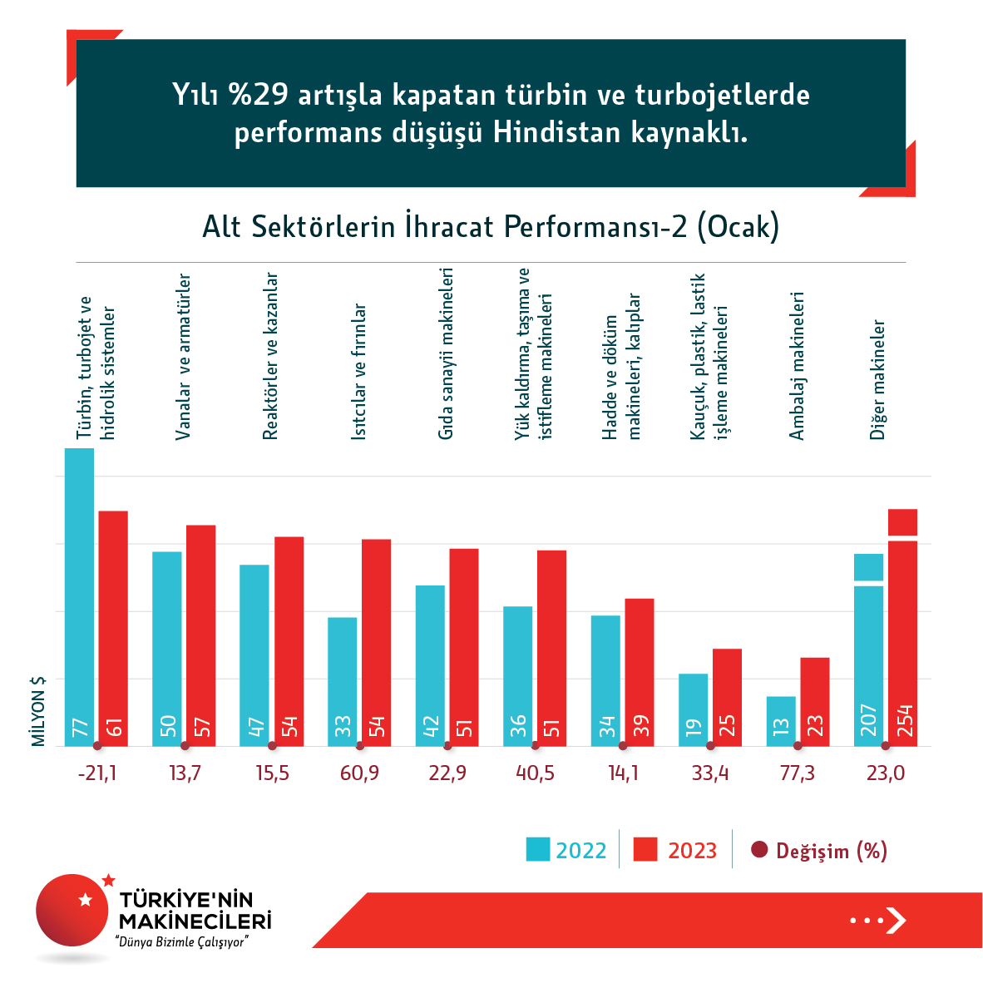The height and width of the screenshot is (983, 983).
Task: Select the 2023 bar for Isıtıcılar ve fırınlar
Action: pos(376,640)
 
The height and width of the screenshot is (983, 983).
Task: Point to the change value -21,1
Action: pos(97,773)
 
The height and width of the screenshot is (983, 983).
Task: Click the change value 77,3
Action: pos(798,773)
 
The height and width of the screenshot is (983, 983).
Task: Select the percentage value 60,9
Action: pos(359,773)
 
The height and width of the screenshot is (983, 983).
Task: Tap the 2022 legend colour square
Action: pos(538,849)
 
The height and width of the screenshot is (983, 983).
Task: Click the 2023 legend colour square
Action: pos(645,849)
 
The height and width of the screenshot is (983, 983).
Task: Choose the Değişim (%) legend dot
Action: pos(758,850)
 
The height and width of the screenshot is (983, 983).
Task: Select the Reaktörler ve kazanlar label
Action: pos(270,356)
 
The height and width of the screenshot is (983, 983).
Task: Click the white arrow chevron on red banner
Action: pos(896,920)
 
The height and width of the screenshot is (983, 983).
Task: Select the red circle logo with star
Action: pos(73,910)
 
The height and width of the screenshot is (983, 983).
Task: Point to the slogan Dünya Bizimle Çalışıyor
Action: pos(182,942)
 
